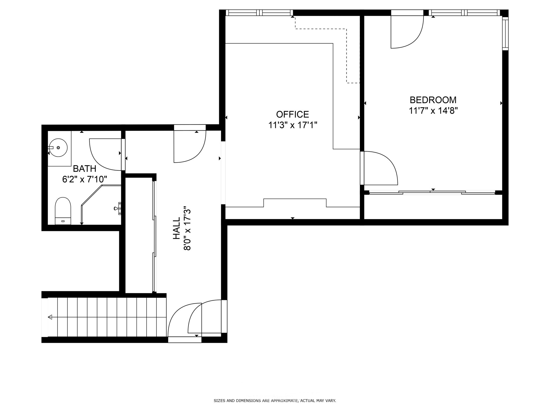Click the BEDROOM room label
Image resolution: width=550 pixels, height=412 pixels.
click(433, 100)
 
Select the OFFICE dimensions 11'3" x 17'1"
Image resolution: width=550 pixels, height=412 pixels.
click(293, 125)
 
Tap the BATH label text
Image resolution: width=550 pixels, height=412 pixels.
click(85, 169)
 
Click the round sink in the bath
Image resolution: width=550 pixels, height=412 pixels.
click(58, 148)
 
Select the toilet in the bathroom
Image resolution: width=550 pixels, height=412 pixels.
click(63, 211)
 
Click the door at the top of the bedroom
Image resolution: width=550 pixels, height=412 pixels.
click(407, 32)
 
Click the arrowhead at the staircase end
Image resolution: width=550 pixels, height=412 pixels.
click(50, 317)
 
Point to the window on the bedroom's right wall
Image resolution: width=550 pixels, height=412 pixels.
click(505, 34)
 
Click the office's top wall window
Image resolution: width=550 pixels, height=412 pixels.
click(259, 13)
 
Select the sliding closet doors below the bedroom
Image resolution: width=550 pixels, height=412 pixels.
click(432, 192)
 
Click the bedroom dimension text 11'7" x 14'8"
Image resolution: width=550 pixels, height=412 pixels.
click(433, 111)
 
